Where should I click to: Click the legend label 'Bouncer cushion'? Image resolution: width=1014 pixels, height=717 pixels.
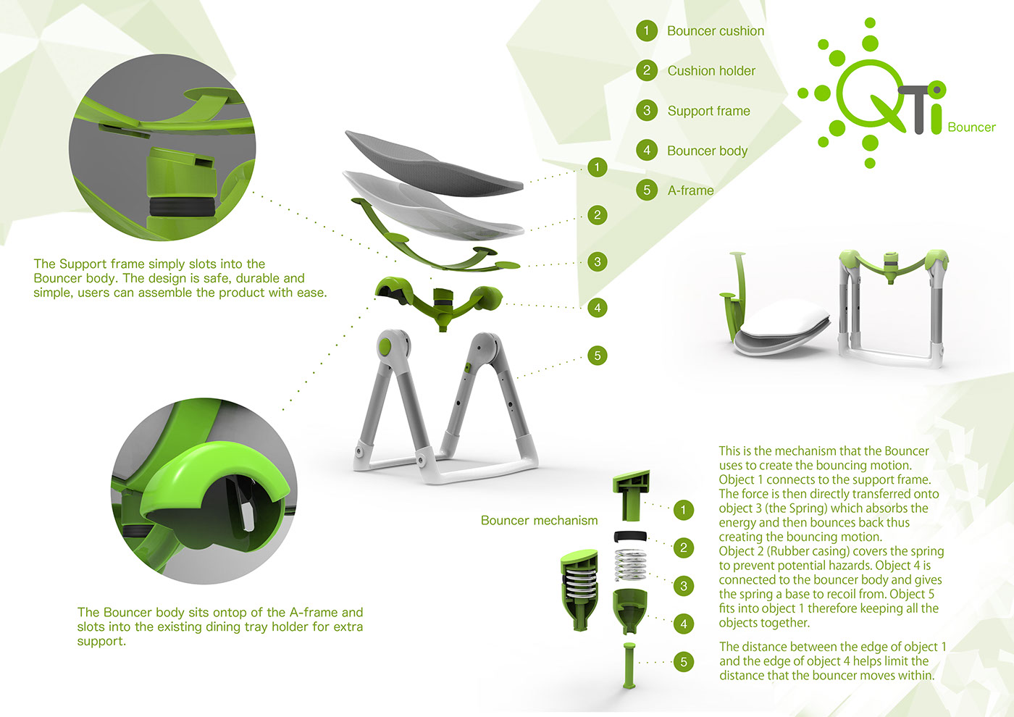715,31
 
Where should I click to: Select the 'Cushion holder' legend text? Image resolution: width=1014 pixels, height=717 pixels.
711,71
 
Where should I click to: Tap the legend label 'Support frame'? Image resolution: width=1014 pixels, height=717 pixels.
708,111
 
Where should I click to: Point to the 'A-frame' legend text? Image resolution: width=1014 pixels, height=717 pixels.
690,190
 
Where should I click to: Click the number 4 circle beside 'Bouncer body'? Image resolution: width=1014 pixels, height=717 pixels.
647,151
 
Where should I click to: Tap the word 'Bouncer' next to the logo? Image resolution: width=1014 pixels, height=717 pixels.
971,127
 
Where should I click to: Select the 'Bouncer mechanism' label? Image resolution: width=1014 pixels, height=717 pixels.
539,520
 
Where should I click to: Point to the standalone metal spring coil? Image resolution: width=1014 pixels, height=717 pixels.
630,564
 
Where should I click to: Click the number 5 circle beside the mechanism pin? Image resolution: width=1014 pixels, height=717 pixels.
683,662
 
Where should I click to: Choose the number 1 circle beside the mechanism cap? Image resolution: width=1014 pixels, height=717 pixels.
683,510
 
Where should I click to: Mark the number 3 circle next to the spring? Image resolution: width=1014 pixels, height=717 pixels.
683,586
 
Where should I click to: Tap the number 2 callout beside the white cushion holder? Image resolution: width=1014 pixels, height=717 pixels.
597,214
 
